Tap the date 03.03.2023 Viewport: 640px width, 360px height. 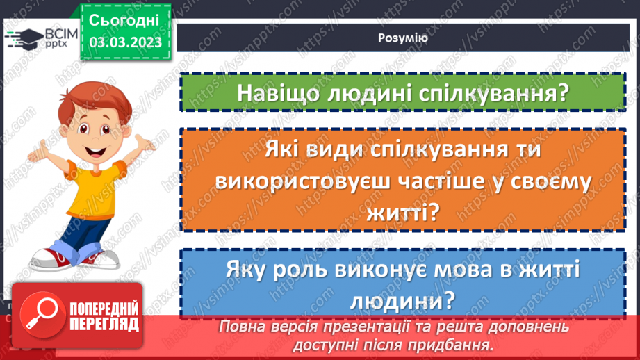(125, 42)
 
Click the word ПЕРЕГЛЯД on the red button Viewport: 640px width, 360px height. (104, 324)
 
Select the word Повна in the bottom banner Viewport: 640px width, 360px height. (239, 326)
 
